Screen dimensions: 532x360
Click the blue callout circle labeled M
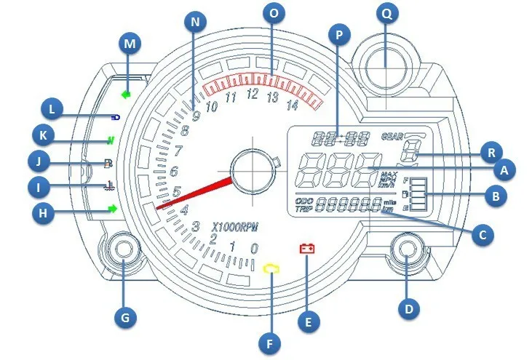130,44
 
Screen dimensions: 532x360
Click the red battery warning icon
308,249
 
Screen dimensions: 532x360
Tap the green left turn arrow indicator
127,94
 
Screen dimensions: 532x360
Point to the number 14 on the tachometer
293,105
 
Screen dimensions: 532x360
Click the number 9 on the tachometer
195,116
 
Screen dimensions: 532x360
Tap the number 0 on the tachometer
253,249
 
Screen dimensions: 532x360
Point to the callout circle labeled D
408,308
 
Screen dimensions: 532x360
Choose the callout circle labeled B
496,196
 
